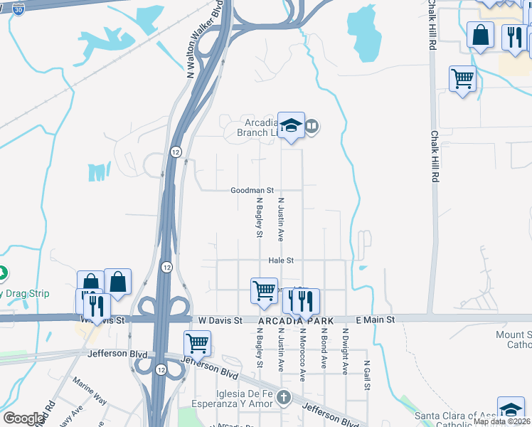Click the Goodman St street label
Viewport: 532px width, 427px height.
pyautogui.click(x=252, y=191)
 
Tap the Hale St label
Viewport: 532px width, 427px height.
pyautogui.click(x=281, y=261)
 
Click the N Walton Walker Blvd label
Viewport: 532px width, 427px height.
pyautogui.click(x=203, y=39)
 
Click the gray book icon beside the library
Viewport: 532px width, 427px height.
pyautogui.click(x=312, y=127)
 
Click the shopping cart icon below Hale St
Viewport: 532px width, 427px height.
pyautogui.click(x=264, y=290)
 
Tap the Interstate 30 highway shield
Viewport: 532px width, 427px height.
pyautogui.click(x=19, y=8)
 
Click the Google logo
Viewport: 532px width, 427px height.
pyautogui.click(x=23, y=418)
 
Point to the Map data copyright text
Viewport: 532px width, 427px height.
pyautogui.click(x=501, y=421)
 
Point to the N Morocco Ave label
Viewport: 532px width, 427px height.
pyautogui.click(x=302, y=354)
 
